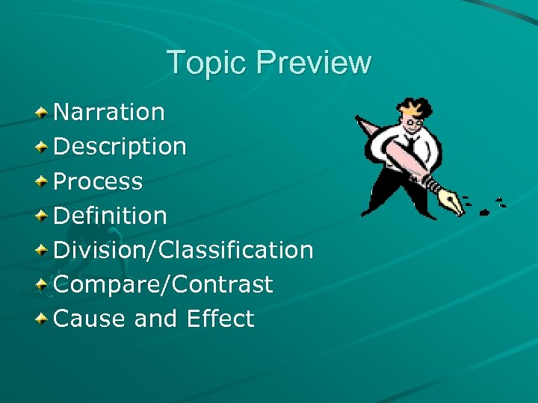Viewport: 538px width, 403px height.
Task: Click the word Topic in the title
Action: pos(206,63)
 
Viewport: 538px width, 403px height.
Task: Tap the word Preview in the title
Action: pos(313,63)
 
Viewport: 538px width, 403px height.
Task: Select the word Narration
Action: pos(109,112)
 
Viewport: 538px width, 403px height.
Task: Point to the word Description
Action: pos(120,147)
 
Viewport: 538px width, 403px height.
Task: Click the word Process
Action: pos(98,181)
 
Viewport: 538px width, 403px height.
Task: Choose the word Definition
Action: pos(110,216)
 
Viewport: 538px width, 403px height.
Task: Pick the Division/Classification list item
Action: pos(183,250)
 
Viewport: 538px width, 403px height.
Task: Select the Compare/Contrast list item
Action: pos(163,284)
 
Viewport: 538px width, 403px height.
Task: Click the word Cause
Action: pos(90,319)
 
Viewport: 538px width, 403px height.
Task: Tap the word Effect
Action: pos(220,319)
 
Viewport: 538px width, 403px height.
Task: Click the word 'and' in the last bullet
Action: pos(155,319)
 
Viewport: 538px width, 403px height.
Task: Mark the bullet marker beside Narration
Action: pos(43,112)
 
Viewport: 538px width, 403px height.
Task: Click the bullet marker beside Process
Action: pos(43,181)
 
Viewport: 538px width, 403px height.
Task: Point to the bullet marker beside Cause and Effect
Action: pos(43,319)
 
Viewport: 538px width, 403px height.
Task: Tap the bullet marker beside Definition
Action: pos(43,216)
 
